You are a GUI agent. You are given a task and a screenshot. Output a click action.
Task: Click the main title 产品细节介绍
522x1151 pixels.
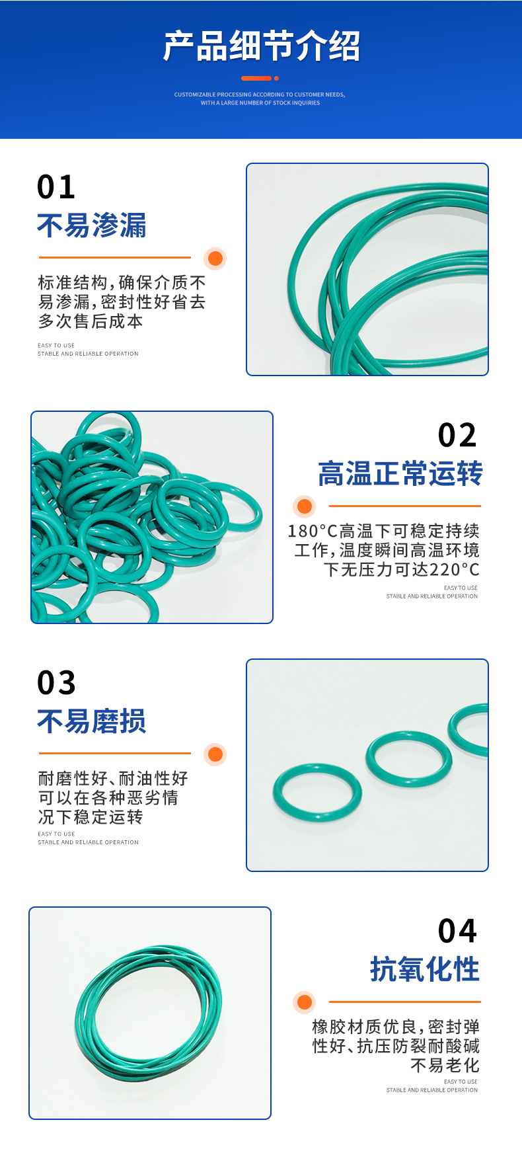(x=261, y=46)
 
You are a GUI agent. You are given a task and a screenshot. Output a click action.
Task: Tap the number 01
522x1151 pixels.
(x=56, y=187)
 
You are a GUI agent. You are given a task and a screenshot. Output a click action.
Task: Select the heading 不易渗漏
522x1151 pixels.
(x=92, y=225)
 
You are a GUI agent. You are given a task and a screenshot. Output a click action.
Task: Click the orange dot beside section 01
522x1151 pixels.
(x=215, y=258)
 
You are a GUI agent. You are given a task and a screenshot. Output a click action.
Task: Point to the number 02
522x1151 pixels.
(x=457, y=436)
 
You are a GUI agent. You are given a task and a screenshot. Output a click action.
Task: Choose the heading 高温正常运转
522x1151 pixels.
(x=400, y=474)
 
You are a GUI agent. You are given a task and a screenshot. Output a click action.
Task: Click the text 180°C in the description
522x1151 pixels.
(x=313, y=531)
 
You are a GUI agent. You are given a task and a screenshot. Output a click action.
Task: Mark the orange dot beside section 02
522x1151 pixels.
(x=305, y=506)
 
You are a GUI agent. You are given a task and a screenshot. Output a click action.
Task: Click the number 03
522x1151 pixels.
(x=57, y=683)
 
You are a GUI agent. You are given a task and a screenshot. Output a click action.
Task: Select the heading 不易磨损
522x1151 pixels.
(x=92, y=721)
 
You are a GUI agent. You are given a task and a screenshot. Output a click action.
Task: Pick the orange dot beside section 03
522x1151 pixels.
(x=215, y=754)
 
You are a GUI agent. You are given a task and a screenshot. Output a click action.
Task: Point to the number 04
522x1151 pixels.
(x=457, y=932)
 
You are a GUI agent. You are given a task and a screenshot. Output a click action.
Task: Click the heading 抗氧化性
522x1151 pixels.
(x=425, y=970)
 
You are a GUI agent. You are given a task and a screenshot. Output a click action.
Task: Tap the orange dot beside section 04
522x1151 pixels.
(x=305, y=1002)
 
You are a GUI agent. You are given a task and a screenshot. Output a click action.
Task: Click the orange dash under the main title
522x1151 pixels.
(x=257, y=78)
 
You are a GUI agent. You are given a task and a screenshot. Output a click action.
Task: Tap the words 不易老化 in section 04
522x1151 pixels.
(x=445, y=1065)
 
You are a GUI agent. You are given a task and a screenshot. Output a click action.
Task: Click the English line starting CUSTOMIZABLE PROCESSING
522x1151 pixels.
(x=260, y=95)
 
